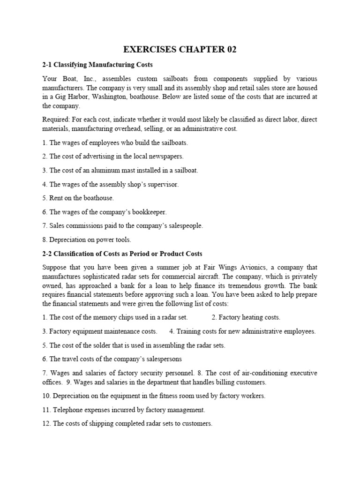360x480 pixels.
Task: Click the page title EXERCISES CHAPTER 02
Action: coord(180,50)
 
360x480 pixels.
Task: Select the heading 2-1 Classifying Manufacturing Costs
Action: coord(97,64)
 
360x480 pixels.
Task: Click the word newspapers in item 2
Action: coord(166,156)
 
